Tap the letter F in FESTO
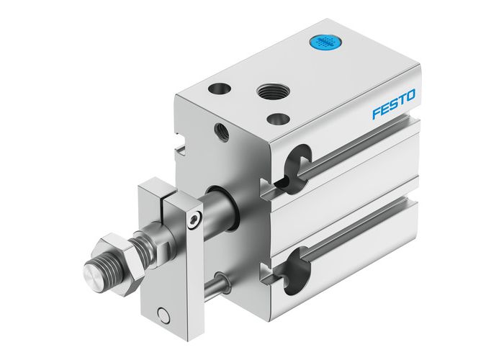click(377, 114)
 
